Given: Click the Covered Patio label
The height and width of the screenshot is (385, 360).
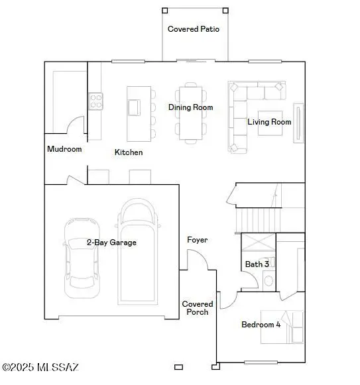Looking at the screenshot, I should click(194, 29).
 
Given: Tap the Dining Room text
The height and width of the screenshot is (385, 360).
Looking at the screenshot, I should click(190, 107).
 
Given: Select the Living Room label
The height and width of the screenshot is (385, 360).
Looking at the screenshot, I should click(269, 122).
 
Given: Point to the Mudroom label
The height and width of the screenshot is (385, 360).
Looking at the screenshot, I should click(64, 149).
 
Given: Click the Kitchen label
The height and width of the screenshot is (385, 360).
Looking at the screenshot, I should click(129, 152).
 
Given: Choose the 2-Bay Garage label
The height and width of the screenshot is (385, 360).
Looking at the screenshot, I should click(111, 243).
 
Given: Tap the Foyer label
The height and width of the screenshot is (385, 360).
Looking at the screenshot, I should click(197, 240).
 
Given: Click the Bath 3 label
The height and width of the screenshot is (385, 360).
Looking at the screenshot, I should click(257, 264).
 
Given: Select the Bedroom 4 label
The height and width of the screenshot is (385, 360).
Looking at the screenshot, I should click(261, 325).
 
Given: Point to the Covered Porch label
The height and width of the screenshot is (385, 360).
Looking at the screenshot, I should click(198, 308).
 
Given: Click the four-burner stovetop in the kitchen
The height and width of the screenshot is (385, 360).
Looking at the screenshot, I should click(96, 101).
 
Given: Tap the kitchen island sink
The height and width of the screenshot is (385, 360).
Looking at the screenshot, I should click(135, 107).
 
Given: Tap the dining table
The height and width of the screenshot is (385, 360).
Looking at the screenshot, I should click(190, 113).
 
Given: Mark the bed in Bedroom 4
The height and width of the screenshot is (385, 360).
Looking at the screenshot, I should click(282, 326).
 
